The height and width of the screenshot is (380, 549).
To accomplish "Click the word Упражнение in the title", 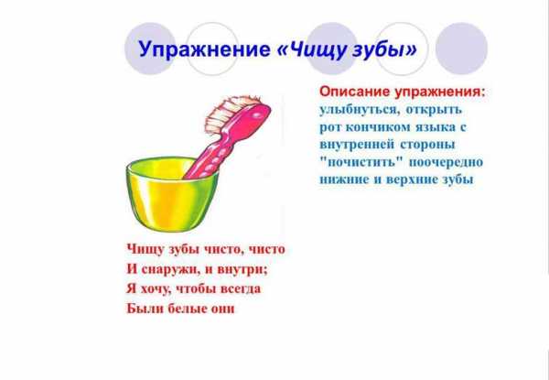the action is (204, 49).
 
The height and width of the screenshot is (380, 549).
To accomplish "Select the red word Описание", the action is (355, 92).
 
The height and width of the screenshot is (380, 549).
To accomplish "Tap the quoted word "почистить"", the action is (361, 162).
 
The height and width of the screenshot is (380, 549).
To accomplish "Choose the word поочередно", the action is (447, 162).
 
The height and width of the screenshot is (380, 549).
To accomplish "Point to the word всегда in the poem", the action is (241, 289).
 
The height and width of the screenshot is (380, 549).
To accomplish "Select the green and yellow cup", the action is (172, 194).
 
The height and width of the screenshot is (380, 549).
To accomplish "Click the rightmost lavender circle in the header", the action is (461, 49).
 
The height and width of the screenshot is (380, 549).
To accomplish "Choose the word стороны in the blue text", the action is (427, 145).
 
